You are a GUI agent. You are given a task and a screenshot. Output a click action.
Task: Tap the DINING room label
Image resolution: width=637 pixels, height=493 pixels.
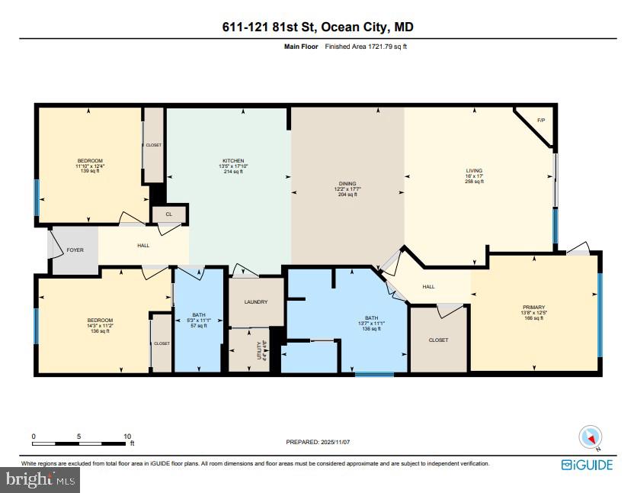point(347,183)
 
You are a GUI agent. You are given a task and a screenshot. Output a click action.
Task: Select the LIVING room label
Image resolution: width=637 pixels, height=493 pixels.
point(475,171)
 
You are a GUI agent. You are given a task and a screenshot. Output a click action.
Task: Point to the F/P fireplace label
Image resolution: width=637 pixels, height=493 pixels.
point(541,121)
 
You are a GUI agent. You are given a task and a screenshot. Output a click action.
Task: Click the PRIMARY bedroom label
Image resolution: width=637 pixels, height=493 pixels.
point(533,307)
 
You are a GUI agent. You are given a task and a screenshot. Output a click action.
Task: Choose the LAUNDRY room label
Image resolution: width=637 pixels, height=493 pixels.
point(255,301)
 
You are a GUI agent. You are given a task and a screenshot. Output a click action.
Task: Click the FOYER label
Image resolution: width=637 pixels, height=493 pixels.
point(75,250)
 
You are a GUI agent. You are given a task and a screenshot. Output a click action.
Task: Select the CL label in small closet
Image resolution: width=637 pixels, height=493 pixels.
point(168,214)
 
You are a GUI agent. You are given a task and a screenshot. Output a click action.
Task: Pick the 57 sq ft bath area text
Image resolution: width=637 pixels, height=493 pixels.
point(198,325)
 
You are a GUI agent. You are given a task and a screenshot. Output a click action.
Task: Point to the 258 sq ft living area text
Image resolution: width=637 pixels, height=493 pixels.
point(475,182)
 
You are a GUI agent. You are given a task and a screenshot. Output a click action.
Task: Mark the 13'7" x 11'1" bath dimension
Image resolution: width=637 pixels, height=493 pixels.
point(371,324)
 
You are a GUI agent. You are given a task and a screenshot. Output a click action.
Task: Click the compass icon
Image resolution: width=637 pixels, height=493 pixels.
point(591,437)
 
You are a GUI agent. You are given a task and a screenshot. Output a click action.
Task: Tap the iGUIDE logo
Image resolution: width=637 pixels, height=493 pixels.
point(587,464)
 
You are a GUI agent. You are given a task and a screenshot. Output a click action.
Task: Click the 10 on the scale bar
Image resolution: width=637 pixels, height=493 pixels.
point(127,437)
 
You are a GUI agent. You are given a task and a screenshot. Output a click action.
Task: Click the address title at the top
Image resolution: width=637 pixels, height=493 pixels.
point(318,27)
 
